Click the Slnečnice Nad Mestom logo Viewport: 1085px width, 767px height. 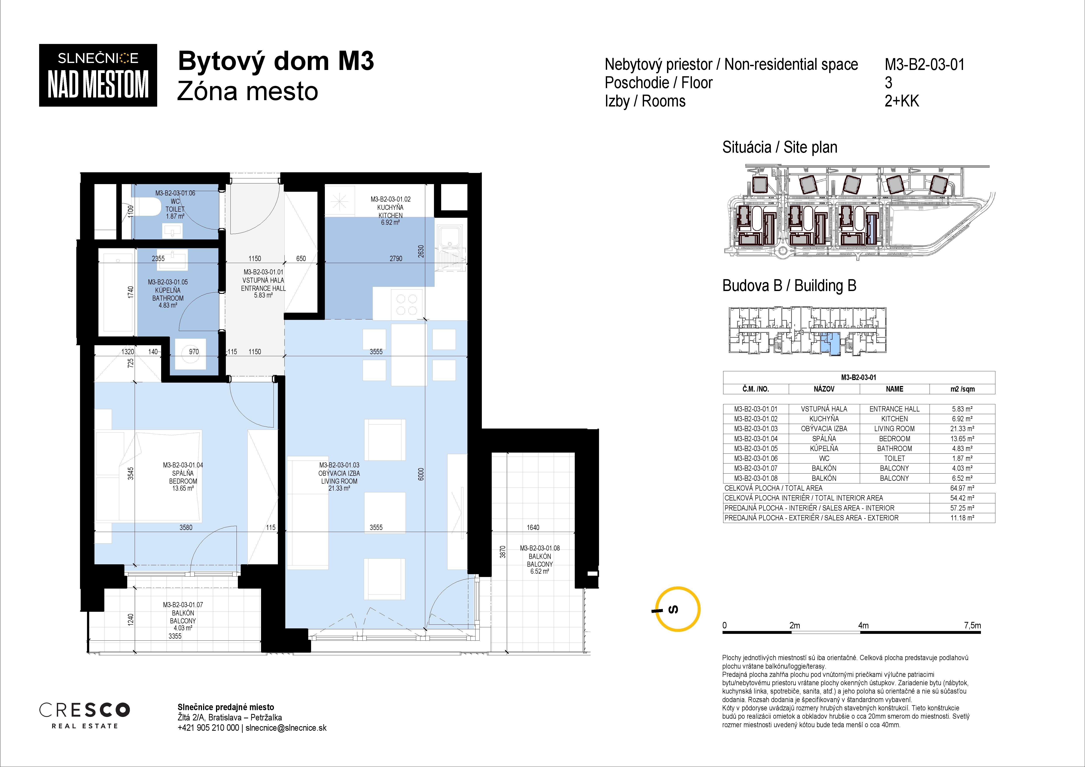[x=98, y=75]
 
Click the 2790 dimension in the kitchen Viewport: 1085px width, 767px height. [x=396, y=258]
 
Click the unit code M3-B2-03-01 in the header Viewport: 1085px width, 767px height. [x=924, y=64]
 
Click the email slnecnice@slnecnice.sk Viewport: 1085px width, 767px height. [x=286, y=728]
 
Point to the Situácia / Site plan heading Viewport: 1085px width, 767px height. [x=780, y=147]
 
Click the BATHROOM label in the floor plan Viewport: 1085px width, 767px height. [x=168, y=298]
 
